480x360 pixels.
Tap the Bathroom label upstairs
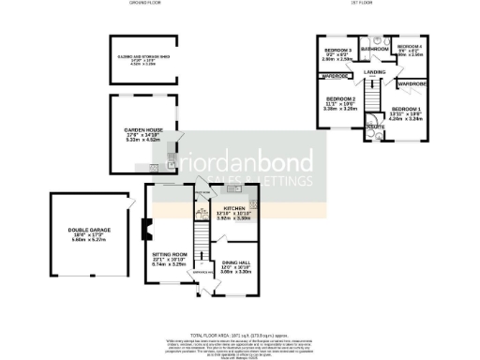pos(374,48)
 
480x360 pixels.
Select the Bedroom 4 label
pos(410,46)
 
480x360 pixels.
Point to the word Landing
pos(375,71)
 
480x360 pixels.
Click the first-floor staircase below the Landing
pos(373,97)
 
